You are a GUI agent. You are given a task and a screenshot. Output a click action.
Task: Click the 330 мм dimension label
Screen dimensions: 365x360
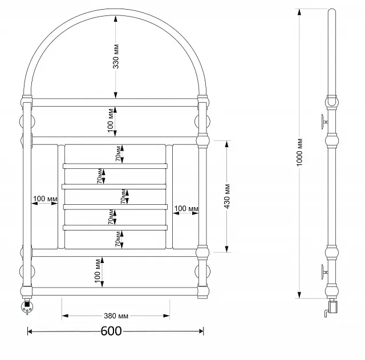(116, 56)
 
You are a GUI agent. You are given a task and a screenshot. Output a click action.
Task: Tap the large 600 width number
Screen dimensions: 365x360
(111, 331)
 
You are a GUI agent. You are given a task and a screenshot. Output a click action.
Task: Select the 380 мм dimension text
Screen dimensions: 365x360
(116, 315)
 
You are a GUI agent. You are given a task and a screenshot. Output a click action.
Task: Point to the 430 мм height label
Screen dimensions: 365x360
(227, 196)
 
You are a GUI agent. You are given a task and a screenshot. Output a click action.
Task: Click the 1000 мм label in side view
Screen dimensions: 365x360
(299, 152)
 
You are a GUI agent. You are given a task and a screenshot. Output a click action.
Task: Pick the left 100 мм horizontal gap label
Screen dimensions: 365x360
(45, 199)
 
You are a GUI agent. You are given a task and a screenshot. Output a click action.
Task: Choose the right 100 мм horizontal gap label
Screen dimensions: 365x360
(186, 208)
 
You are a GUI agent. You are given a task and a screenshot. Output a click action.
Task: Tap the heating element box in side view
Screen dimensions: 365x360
(332, 307)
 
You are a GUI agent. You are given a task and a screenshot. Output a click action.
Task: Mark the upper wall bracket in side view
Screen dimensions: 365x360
(325, 122)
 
